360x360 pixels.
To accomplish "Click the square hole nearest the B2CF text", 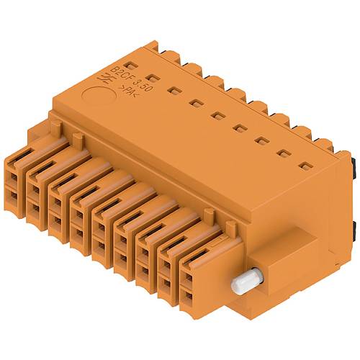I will pos(151,77).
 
